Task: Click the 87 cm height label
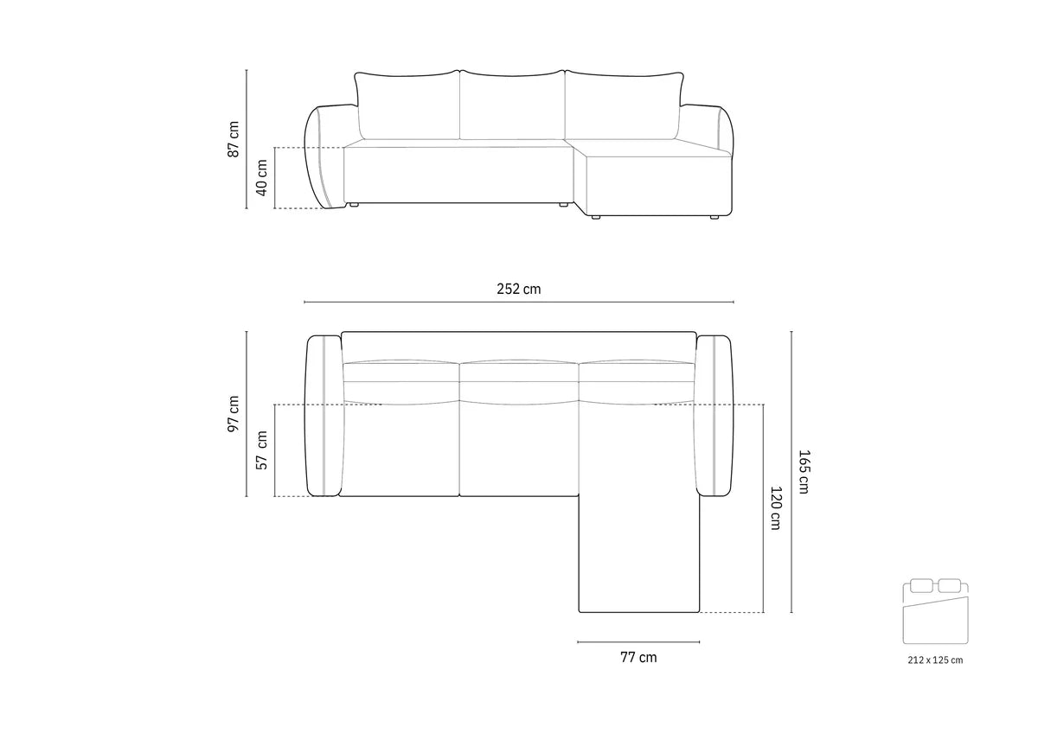pyautogui.click(x=234, y=139)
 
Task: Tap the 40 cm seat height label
pyautogui.click(x=261, y=178)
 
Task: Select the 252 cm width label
pyautogui.click(x=518, y=289)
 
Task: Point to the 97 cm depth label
pyautogui.click(x=234, y=413)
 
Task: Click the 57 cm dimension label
pyautogui.click(x=262, y=449)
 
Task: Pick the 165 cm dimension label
pyautogui.click(x=804, y=471)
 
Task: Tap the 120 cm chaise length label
pyautogui.click(x=776, y=507)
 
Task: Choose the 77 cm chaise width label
pyautogui.click(x=638, y=658)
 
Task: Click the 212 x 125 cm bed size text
pyautogui.click(x=935, y=660)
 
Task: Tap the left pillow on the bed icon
pyautogui.click(x=921, y=585)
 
